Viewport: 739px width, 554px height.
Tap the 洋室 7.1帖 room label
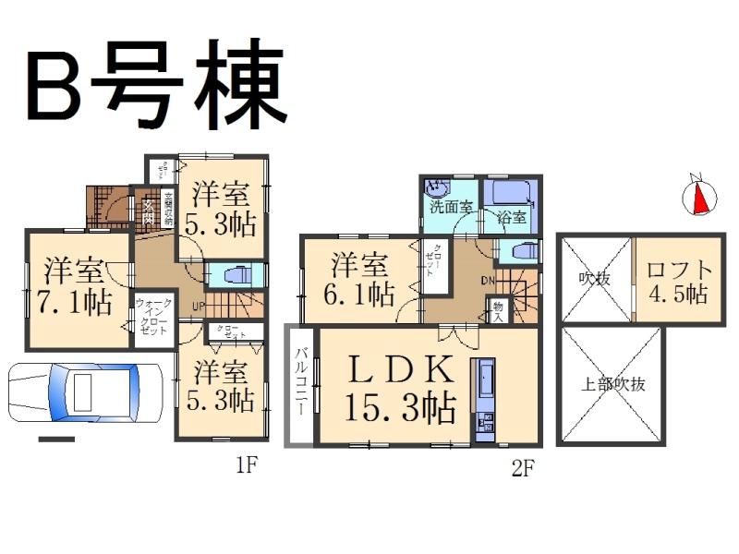click(x=77, y=286)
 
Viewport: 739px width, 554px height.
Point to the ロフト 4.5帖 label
click(x=679, y=282)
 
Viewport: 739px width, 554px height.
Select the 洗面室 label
click(x=450, y=207)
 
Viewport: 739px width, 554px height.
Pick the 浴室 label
click(x=511, y=219)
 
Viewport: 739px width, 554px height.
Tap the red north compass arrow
click(x=701, y=195)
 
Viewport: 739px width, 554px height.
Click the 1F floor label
click(x=245, y=465)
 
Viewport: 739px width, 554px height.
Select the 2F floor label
click(x=523, y=467)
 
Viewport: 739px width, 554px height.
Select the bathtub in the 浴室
click(x=511, y=193)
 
